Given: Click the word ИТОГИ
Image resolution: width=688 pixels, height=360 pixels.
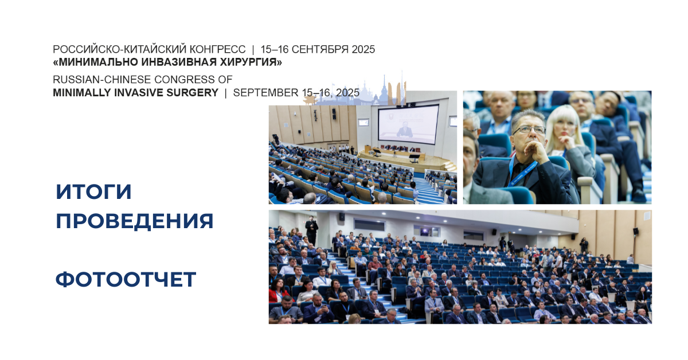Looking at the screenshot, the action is click(93, 191).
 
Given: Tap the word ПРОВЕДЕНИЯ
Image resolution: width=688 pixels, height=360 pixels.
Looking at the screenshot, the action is click(135, 221).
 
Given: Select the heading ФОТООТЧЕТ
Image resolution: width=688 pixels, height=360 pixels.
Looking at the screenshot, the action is click(126, 279).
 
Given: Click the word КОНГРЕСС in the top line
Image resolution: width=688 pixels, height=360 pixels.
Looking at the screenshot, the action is click(217, 49).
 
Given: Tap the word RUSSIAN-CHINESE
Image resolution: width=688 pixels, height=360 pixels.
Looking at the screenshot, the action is click(103, 80).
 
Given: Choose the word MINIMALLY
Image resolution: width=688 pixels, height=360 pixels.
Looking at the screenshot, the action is click(82, 92).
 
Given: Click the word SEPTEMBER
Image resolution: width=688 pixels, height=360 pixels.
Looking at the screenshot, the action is click(265, 92).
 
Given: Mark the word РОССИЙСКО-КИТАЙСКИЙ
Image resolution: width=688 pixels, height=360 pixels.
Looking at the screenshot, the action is click(119, 49).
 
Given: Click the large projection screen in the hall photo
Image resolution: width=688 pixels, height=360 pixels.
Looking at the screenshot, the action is click(408, 124).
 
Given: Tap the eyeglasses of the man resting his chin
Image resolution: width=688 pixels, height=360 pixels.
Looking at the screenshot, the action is click(528, 130).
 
